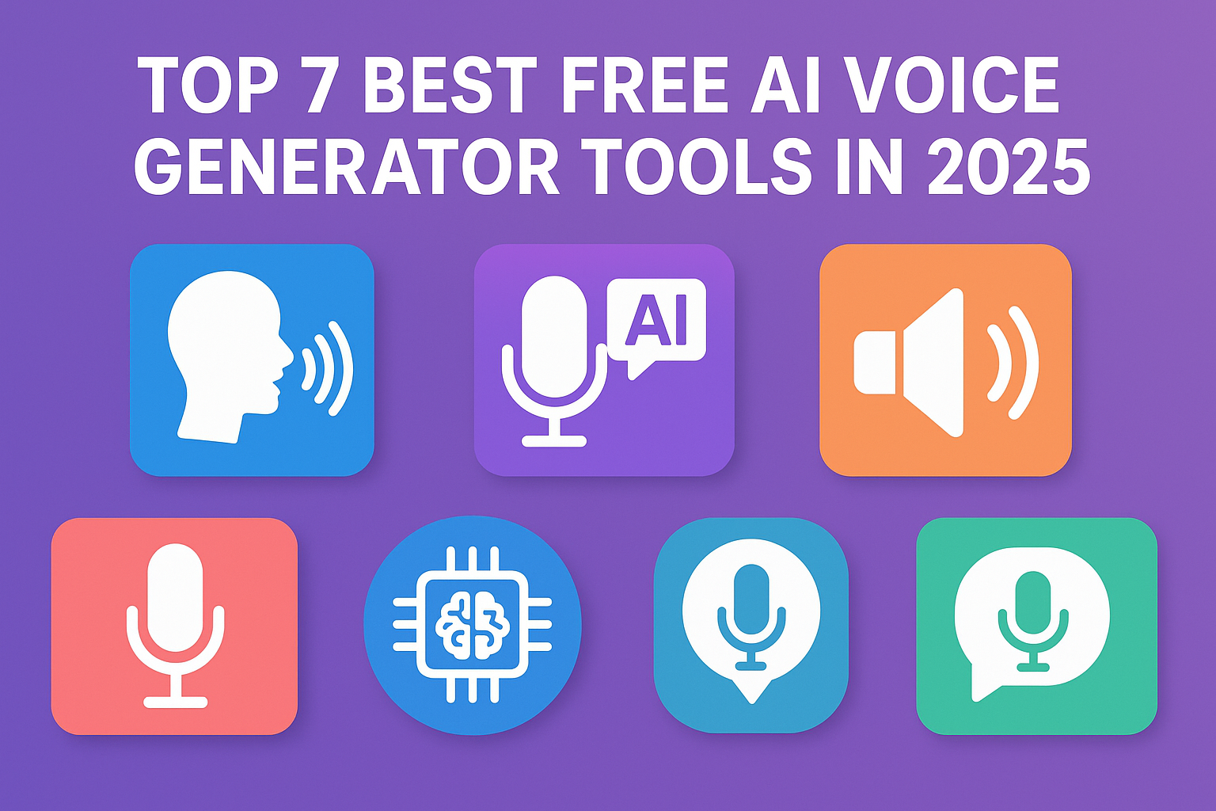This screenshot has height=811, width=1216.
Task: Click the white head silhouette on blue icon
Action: coord(230,356)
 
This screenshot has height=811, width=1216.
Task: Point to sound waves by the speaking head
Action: coord(328,368)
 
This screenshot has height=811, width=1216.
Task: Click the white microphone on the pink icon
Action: coord(175,625)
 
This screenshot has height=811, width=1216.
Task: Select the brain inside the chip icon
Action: coord(473,626)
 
